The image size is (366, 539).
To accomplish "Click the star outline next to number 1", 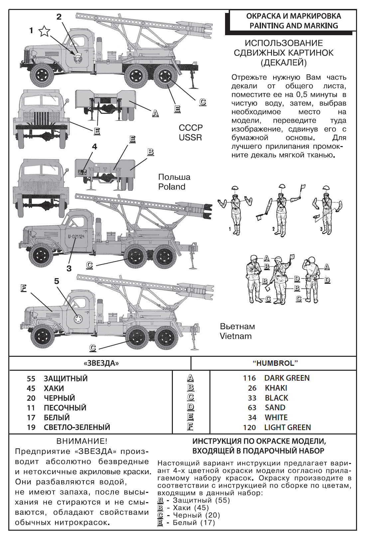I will click(x=44, y=31).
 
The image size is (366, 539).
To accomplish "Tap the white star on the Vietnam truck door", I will click(x=78, y=320).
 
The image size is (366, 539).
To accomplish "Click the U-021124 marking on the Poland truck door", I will click(x=76, y=237).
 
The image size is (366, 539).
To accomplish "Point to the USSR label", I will click(x=190, y=137).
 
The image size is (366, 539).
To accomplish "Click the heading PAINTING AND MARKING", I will click(x=294, y=26).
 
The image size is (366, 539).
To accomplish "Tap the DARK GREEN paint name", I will click(x=287, y=378).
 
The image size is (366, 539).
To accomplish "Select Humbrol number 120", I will click(x=249, y=427).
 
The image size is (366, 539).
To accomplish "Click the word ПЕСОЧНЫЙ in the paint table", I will click(x=65, y=408).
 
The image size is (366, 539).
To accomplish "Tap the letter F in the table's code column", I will click(x=190, y=426).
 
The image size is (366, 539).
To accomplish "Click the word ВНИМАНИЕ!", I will click(x=82, y=441).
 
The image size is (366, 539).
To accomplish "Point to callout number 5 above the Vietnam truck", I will click(x=57, y=281).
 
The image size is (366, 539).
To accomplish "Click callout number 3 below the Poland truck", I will click(x=69, y=268).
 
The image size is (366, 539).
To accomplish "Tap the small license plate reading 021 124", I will click(x=82, y=173).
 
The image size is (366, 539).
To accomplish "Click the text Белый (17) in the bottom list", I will click(x=194, y=523).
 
